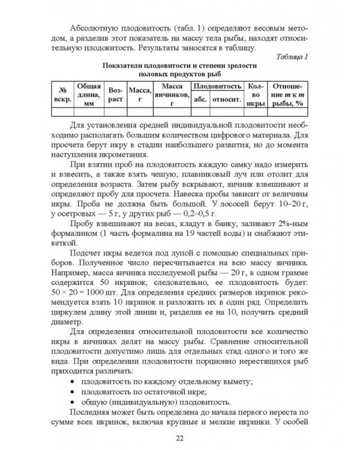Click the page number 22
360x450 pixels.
point(179,437)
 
